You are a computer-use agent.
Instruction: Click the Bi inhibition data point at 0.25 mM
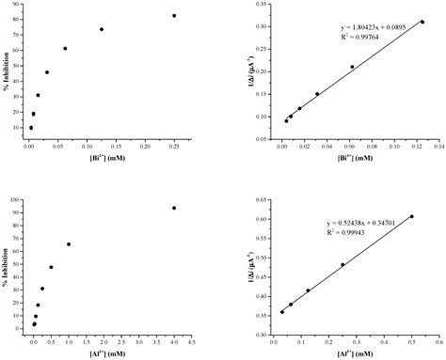pyautogui.click(x=174, y=16)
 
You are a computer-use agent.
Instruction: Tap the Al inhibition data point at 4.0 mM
pyautogui.click(x=174, y=208)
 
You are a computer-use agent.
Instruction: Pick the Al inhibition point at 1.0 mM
pyautogui.click(x=69, y=244)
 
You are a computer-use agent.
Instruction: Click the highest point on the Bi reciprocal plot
pyautogui.click(x=422, y=22)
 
